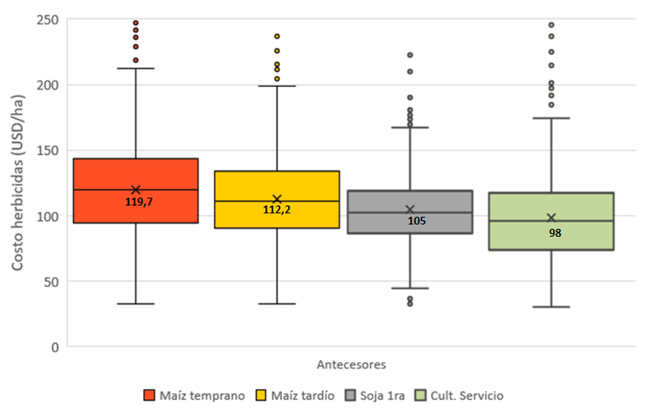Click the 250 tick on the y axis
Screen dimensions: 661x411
point(47,20)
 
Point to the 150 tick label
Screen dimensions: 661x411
point(47,151)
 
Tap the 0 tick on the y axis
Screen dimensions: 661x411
point(54,347)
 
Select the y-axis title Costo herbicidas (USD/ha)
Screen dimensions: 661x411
point(18,182)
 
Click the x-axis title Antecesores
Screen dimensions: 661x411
point(351,365)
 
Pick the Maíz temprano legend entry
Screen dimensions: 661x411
point(194,396)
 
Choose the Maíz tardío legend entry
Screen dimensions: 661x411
point(295,396)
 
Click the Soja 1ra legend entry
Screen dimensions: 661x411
point(375,396)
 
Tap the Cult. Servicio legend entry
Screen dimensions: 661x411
point(459,396)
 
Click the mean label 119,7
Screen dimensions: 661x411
point(139,202)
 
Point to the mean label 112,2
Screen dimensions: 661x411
point(277,209)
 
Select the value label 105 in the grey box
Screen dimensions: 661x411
point(417,221)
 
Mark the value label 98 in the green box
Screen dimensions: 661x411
point(555,233)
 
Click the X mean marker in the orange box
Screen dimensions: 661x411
point(136,190)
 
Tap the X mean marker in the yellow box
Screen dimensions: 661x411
point(277,199)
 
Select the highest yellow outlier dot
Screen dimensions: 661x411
point(277,36)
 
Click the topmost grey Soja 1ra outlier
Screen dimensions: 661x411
point(410,54)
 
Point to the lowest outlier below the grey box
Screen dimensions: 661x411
point(410,304)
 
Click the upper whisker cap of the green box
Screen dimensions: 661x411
point(551,118)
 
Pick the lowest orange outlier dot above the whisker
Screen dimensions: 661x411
point(136,60)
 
